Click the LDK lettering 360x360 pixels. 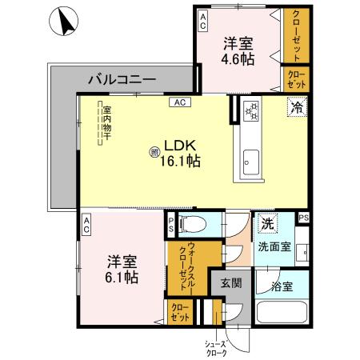[x=179, y=145]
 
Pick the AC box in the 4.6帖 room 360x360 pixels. [x=203, y=18]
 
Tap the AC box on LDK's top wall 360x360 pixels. [x=179, y=102]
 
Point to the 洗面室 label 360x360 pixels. [x=274, y=247]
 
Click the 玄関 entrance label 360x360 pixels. [x=230, y=282]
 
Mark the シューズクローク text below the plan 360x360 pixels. [x=218, y=347]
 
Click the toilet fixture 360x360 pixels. [x=189, y=223]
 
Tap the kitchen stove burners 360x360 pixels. [x=250, y=112]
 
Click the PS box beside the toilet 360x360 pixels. [x=170, y=226]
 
